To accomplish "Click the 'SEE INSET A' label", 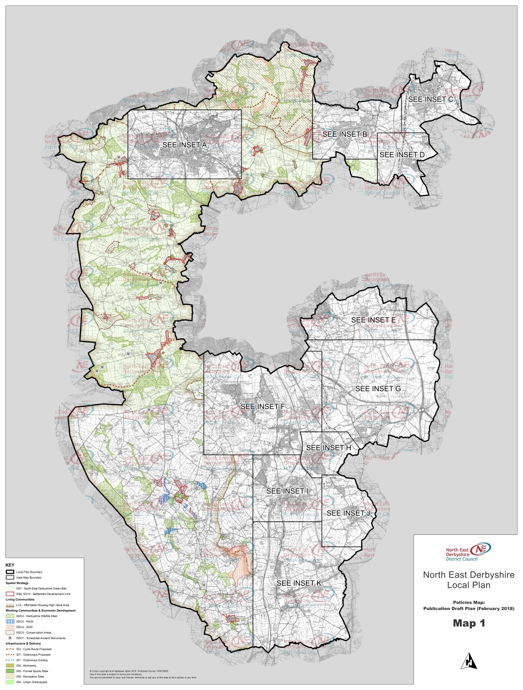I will [185, 145].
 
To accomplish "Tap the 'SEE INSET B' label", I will [345, 133].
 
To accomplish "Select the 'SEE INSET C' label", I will [431, 99].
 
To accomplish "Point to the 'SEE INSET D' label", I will [402, 155].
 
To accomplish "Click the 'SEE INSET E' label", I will [373, 320].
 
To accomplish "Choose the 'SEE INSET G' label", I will [378, 388].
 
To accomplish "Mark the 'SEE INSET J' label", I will [348, 513].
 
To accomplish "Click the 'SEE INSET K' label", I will [299, 583].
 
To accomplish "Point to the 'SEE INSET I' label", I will [287, 491].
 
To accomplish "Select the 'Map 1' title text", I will [468, 623].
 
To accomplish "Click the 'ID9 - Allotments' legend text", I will [26, 666].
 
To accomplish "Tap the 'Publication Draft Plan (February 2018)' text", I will [468, 608].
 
